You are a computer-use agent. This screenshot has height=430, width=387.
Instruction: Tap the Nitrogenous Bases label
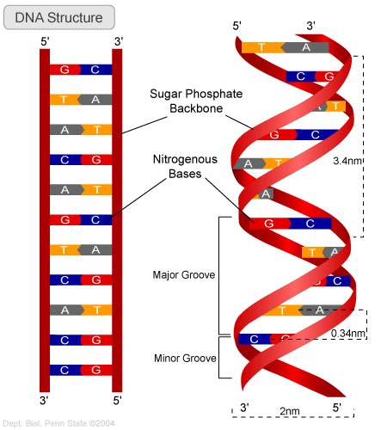click(x=185, y=166)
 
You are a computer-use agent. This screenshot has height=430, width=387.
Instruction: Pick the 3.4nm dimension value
click(x=348, y=160)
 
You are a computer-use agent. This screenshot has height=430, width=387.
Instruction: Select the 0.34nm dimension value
click(x=348, y=333)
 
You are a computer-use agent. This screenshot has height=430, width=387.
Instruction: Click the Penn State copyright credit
click(x=58, y=422)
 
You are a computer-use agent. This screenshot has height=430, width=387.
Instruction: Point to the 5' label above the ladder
click(x=45, y=40)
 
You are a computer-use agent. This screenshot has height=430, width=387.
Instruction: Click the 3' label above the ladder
click(x=118, y=40)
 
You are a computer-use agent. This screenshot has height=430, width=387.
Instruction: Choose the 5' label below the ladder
click(x=118, y=400)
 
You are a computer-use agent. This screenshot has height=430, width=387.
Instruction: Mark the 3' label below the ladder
click(x=45, y=400)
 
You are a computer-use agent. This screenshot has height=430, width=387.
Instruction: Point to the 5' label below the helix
click(x=336, y=405)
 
